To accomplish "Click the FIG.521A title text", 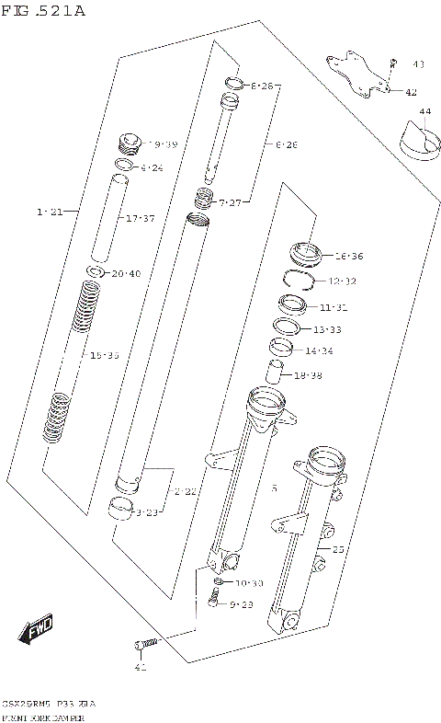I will [43, 11].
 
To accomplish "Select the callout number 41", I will [141, 667].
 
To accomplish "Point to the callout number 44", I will [424, 111].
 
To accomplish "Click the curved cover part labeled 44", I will [418, 140].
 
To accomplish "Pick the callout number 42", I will [411, 92].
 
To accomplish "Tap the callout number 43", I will [418, 64].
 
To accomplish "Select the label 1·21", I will [50, 212].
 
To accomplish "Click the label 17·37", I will [141, 218].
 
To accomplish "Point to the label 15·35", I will [104, 355].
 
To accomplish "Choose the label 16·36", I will [349, 257].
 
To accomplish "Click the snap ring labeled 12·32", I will [302, 279].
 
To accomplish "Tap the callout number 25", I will [338, 549].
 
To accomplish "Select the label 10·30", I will [249, 583].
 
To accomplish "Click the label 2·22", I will [185, 492].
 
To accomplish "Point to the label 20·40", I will [127, 273].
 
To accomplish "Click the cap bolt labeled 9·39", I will [129, 144].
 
